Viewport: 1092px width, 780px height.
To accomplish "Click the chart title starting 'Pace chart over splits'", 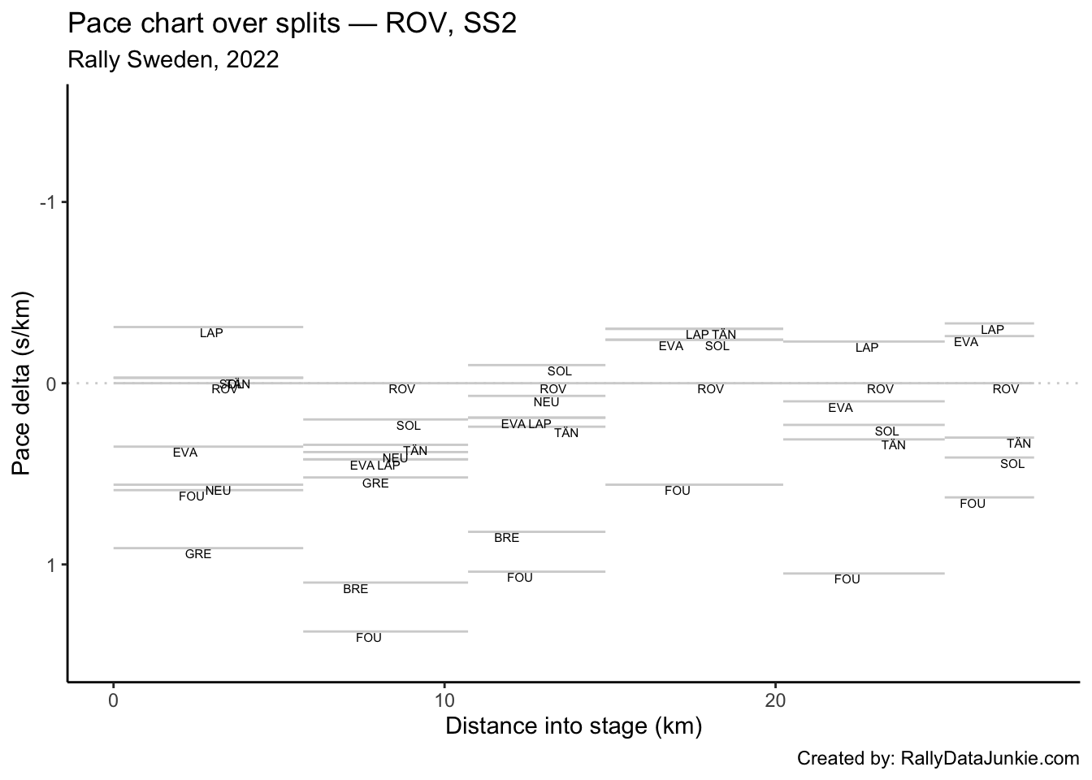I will click(x=292, y=24).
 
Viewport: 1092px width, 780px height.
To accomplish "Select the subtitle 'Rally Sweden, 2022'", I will click(x=174, y=60).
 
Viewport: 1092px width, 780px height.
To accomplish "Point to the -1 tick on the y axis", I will click(x=50, y=202).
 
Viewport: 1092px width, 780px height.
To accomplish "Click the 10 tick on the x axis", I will click(x=444, y=700).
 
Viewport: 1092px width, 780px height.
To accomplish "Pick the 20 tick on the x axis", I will click(x=775, y=700).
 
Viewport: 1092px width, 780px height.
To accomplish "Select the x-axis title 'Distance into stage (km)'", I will click(x=574, y=726).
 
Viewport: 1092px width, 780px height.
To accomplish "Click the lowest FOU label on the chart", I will click(x=368, y=638).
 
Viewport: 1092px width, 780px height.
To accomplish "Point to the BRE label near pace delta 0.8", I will click(x=506, y=538).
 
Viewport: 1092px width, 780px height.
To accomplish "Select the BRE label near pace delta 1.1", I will click(x=355, y=589).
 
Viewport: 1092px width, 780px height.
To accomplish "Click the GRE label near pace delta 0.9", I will click(x=198, y=554).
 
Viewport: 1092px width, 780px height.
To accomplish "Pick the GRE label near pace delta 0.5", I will click(x=375, y=483).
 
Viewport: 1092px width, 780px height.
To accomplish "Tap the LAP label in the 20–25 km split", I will click(x=867, y=348).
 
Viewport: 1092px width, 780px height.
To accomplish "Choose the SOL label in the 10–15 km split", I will click(x=559, y=371).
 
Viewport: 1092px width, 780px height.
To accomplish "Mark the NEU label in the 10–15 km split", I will click(x=546, y=402).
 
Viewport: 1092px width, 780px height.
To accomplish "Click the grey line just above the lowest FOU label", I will click(x=385, y=631).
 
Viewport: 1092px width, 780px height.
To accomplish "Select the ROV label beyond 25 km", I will click(x=1005, y=389).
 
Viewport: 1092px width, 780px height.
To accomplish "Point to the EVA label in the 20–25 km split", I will click(x=840, y=408).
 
